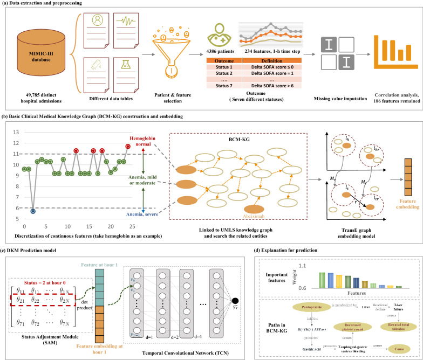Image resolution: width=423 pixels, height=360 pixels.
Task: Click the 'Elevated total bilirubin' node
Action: coord(388,328)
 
